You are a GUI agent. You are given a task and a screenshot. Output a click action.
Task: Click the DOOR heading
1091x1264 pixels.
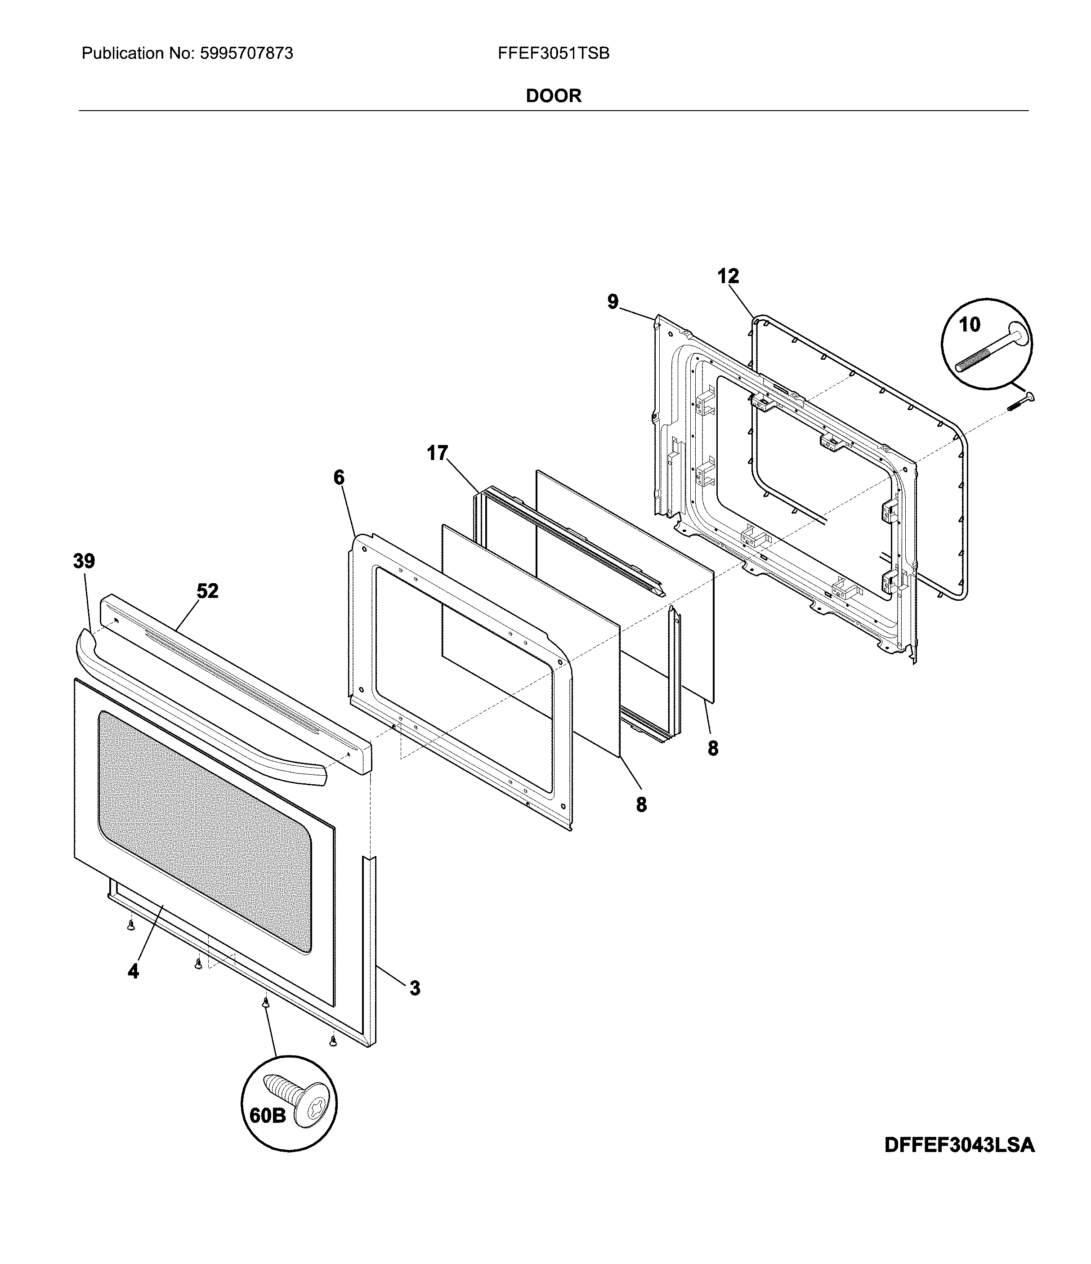click(x=554, y=96)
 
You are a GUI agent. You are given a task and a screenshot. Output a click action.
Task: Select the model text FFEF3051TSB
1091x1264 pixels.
click(x=554, y=54)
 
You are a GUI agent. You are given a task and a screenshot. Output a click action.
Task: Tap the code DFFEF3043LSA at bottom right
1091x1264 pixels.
click(x=959, y=1145)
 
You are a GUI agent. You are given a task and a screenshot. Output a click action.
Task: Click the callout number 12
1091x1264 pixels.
click(x=728, y=277)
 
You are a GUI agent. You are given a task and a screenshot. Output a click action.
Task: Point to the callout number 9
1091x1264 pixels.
click(x=613, y=301)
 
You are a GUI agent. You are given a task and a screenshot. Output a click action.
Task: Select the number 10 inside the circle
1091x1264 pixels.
click(x=970, y=325)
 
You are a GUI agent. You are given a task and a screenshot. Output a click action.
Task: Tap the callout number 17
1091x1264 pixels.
click(x=437, y=453)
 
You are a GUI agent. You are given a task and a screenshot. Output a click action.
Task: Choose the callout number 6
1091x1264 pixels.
click(x=339, y=477)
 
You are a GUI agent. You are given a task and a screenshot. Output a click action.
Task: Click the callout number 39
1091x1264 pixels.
click(x=84, y=561)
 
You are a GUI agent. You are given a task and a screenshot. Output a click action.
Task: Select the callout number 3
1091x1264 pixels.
click(x=415, y=988)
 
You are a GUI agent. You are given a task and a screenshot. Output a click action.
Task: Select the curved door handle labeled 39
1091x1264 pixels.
click(x=201, y=720)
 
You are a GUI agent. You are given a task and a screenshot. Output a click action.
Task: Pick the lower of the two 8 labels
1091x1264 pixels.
click(x=641, y=804)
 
